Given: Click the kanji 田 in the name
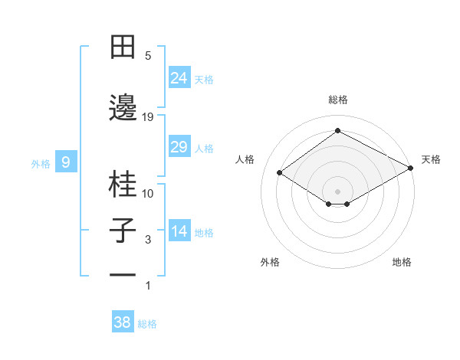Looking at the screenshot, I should point(123,47).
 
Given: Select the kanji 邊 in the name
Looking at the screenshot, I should point(123,107).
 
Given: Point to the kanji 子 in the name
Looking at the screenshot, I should point(123,231).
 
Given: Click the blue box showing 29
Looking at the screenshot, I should point(179,147).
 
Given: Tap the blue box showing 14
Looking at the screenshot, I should point(179,231).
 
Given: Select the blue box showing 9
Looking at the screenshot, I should point(67,162).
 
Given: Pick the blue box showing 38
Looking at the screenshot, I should point(123,322).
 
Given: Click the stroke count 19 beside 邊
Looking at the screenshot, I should point(148,116).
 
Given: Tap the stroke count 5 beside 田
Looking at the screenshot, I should point(148,56).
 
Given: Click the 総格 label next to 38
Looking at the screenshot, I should point(147,324).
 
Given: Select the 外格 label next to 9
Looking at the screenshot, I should point(41,163).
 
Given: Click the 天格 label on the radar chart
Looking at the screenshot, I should point(431,159).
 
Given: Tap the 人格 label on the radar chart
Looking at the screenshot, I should point(245,159).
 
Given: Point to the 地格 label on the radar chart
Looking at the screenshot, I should point(402,262).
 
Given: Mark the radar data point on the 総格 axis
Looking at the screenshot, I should point(337,130).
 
